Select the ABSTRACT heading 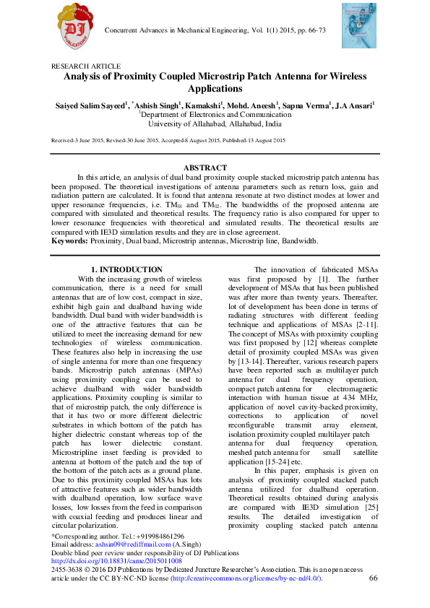point(214,168)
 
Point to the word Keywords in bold point(69,241)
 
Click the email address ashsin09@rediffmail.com point(127,544)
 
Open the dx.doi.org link point(116,560)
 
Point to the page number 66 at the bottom point(374,578)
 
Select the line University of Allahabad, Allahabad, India point(214,123)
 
